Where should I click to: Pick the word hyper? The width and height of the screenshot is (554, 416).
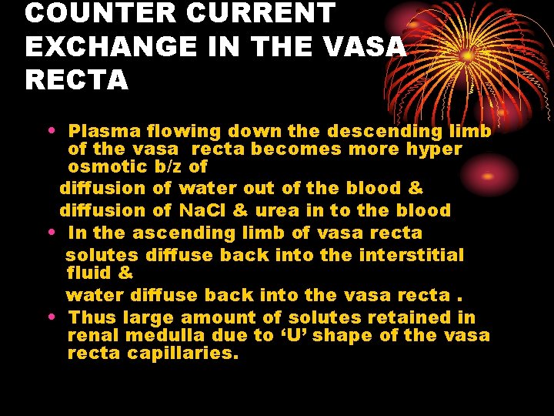pos(435,149)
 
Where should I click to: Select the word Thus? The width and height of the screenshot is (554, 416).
pos(92,317)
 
